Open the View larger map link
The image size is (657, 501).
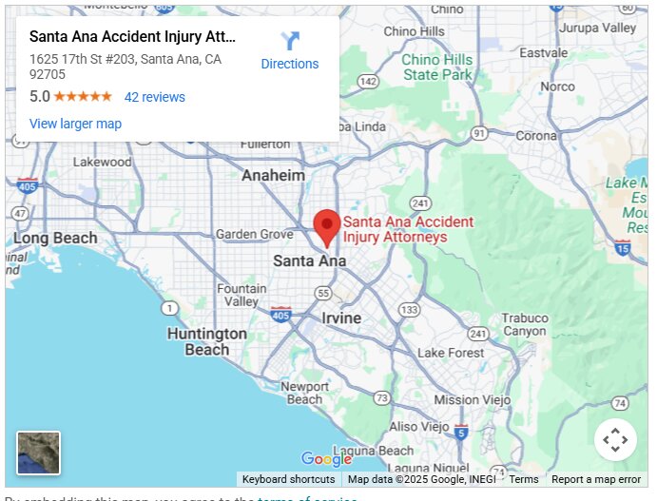[75, 124]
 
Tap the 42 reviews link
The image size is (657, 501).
[155, 97]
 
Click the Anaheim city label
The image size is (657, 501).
[274, 176]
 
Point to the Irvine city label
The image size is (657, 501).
[341, 318]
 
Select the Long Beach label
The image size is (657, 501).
[55, 238]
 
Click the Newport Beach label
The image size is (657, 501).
[304, 393]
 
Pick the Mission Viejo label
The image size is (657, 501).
[470, 400]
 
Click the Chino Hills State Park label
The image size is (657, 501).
[436, 67]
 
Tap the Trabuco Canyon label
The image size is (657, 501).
[525, 324]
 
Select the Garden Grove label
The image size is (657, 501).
[255, 234]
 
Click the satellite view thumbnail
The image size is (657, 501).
[38, 453]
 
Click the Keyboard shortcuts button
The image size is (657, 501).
[288, 480]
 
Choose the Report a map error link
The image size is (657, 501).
[596, 480]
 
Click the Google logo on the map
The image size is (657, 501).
[326, 460]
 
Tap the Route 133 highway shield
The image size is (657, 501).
[409, 311]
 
